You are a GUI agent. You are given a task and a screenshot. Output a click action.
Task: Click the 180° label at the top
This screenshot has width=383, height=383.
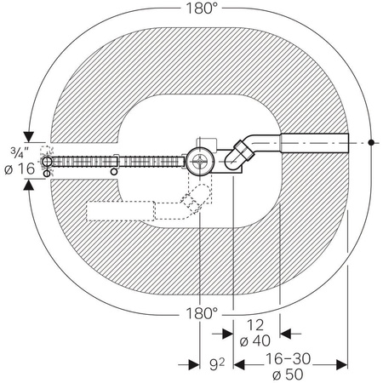pyautogui.click(x=201, y=9)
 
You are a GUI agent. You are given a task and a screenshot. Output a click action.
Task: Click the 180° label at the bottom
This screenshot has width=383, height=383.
pyautogui.click(x=201, y=313)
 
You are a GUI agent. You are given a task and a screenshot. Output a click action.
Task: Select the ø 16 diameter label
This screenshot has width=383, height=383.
pyautogui.click(x=20, y=169)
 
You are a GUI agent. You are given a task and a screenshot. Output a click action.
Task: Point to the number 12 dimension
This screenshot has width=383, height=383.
pyautogui.click(x=255, y=325)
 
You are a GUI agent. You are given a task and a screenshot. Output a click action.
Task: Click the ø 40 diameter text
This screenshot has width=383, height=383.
pyautogui.click(x=255, y=340)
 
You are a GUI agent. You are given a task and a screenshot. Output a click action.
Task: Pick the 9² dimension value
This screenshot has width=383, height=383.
pyautogui.click(x=217, y=364)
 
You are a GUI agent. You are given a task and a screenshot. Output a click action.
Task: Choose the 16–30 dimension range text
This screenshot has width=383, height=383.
pyautogui.click(x=288, y=359)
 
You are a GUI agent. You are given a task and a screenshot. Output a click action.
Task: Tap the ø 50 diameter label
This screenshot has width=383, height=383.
pyautogui.click(x=288, y=374)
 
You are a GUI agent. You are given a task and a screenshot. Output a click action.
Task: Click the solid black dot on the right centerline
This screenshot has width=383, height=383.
pyautogui.click(x=371, y=142)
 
